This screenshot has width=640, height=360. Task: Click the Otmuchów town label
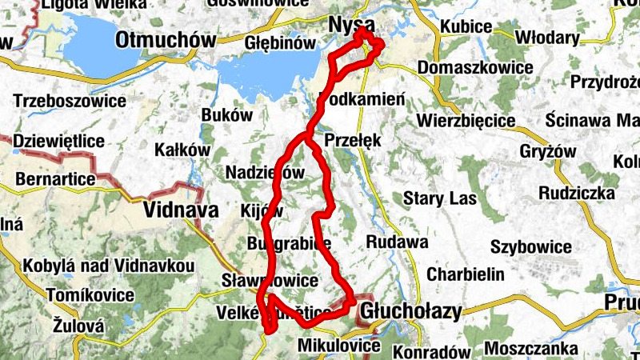166,39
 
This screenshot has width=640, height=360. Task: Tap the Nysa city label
352,26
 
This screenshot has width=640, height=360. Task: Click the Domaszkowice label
474,67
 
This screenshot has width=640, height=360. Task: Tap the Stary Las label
440,198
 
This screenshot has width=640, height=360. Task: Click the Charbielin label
466,274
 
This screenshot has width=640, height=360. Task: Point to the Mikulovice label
338,346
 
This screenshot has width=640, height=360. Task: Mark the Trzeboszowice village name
70,101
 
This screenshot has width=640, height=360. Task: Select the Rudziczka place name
577,193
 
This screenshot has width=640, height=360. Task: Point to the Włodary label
547,38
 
